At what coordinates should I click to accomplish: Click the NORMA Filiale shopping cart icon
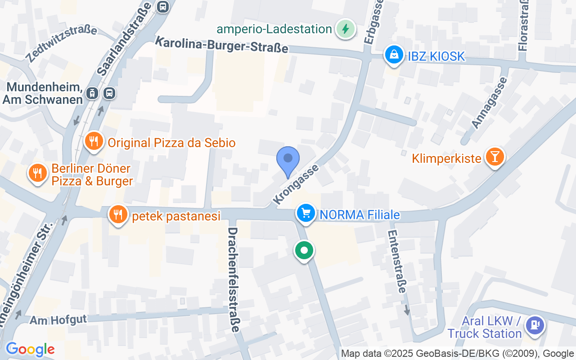pyautogui.click(x=306, y=212)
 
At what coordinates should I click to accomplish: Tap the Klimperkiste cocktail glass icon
pyautogui.click(x=495, y=157)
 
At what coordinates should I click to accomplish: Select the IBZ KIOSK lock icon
pyautogui.click(x=394, y=55)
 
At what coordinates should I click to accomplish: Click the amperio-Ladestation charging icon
pyautogui.click(x=345, y=29)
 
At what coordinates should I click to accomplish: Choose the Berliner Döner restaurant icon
pyautogui.click(x=38, y=172)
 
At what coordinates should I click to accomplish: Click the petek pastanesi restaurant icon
pyautogui.click(x=118, y=215)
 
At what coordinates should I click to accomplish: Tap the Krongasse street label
pyautogui.click(x=296, y=184)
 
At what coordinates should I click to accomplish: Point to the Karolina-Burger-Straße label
pyautogui.click(x=221, y=45)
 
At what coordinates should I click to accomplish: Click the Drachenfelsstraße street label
pyautogui.click(x=234, y=279)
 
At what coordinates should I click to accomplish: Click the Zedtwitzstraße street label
pyautogui.click(x=61, y=44)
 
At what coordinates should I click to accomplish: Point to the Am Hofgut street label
pyautogui.click(x=58, y=319)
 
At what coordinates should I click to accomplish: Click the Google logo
pyautogui.click(x=30, y=349)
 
